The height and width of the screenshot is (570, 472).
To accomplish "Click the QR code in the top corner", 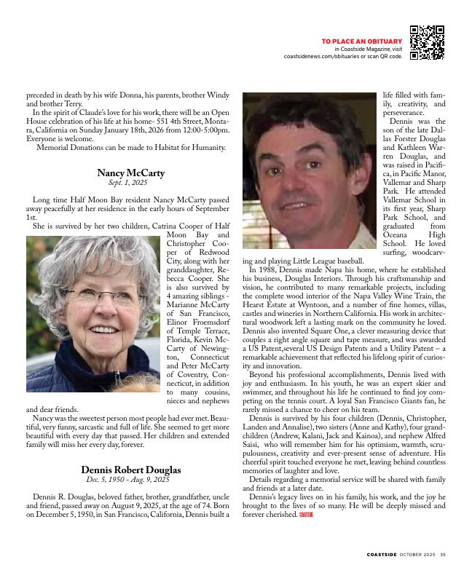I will click(427, 42).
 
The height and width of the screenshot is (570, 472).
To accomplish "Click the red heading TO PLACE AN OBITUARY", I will click(361, 41).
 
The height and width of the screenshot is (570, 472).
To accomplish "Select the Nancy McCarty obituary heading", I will click(131, 173).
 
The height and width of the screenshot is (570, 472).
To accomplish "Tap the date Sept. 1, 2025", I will click(128, 183).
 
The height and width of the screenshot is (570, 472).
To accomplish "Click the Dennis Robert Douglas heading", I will click(131, 470).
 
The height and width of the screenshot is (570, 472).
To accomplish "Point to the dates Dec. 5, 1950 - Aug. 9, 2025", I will click(128, 480).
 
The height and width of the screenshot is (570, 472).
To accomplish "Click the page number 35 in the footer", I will click(443, 555).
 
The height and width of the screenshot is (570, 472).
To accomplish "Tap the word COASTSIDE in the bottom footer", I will click(382, 555).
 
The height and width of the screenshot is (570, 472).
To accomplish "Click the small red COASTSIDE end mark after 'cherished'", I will click(306, 515).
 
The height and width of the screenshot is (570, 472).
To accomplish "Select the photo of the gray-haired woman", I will click(93, 314).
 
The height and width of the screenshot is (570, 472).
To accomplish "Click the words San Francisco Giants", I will click(385, 400).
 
